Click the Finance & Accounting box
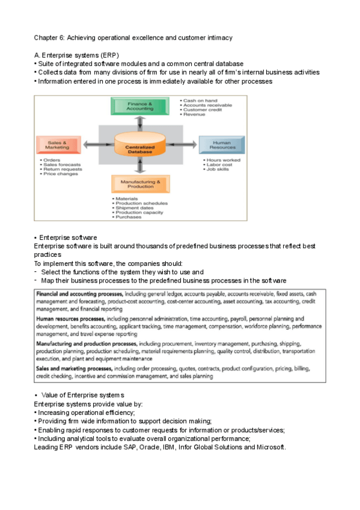[139, 106]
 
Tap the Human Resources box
[222, 144]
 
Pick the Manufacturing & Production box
[139, 183]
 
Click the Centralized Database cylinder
[139, 146]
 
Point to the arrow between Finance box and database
[139, 122]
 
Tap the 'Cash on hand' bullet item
[198, 100]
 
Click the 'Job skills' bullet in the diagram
[219, 170]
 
